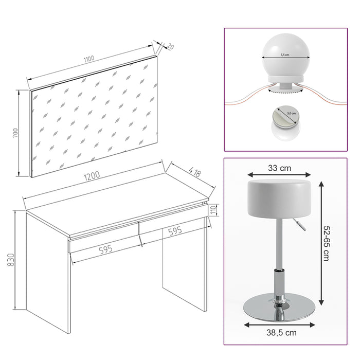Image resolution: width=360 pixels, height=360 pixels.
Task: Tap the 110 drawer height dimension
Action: click(x=215, y=210)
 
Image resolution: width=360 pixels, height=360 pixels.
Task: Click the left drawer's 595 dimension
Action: click(x=105, y=249)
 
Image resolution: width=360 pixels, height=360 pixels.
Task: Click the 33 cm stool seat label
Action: click(x=279, y=167)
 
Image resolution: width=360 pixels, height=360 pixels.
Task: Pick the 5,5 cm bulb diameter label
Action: click(x=285, y=54)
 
